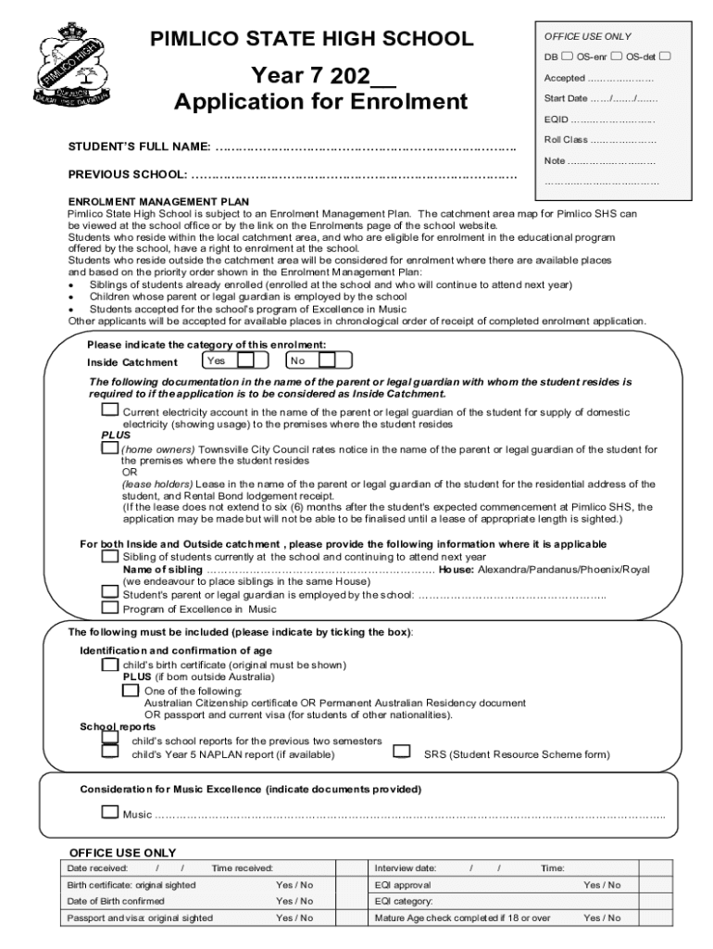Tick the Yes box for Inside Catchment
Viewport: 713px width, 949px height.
pyautogui.click(x=261, y=361)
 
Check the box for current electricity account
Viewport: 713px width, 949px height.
pyautogui.click(x=110, y=410)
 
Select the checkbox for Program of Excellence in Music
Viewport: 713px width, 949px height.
pyautogui.click(x=110, y=608)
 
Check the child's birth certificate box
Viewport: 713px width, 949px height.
pyautogui.click(x=110, y=664)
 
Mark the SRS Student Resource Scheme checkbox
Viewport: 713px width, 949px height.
pyautogui.click(x=402, y=752)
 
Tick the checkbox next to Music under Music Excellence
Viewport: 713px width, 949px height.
pyautogui.click(x=110, y=813)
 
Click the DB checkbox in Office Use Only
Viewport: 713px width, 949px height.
pyautogui.click(x=567, y=57)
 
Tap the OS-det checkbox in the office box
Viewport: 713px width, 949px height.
pyautogui.click(x=665, y=57)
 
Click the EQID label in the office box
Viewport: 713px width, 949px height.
pyautogui.click(x=556, y=120)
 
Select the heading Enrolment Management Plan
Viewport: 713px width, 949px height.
pyautogui.click(x=157, y=201)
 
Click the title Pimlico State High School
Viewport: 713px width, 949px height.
pyautogui.click(x=312, y=39)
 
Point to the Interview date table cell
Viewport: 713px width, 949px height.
pyautogui.click(x=406, y=868)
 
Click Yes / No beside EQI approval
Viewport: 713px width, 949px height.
pyautogui.click(x=602, y=885)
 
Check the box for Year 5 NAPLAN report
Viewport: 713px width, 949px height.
pyautogui.click(x=110, y=753)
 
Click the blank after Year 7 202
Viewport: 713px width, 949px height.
pyautogui.click(x=383, y=74)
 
